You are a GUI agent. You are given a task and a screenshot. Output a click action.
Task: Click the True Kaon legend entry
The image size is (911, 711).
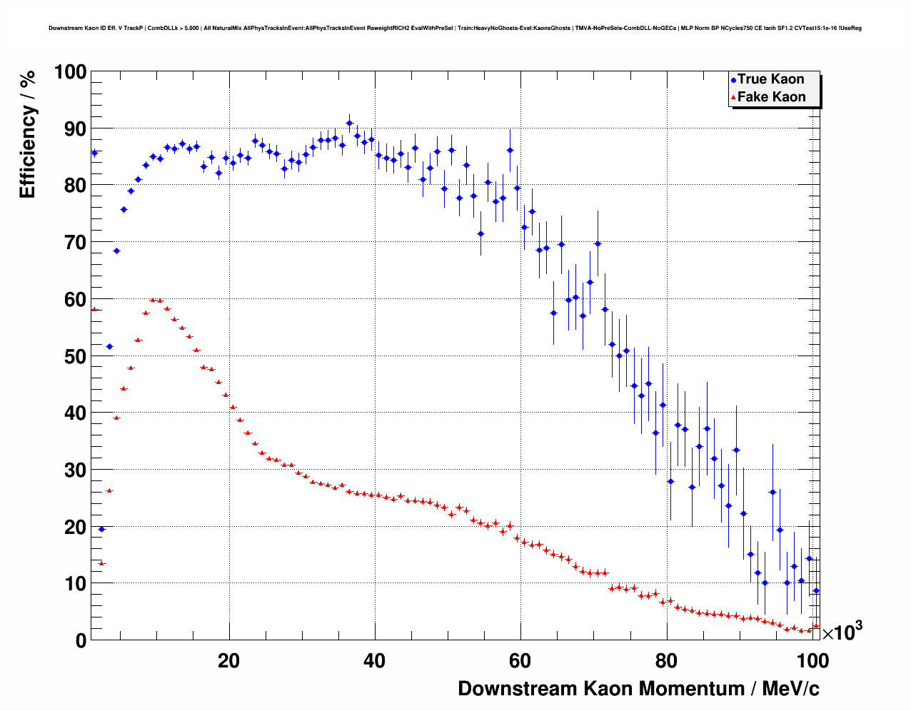770,79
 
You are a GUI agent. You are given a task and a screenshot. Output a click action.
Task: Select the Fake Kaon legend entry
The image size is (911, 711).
771,97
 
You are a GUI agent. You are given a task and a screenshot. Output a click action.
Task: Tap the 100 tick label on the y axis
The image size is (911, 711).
71,72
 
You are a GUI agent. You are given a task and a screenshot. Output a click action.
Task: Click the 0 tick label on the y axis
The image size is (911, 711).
80,640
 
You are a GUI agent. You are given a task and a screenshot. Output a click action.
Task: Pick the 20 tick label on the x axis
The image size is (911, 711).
228,660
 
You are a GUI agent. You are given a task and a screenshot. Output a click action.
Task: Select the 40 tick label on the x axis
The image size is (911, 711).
374,660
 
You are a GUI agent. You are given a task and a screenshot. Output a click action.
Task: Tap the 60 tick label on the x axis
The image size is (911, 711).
520,660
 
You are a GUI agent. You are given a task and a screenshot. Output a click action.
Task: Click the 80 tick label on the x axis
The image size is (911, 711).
666,660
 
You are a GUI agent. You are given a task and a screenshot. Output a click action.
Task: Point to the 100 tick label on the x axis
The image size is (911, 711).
812,660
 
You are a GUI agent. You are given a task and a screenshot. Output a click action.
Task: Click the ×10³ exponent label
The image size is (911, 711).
842,632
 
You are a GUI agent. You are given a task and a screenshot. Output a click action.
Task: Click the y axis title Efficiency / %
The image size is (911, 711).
28,133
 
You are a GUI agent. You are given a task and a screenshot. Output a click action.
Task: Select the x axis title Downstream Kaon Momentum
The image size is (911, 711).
638,689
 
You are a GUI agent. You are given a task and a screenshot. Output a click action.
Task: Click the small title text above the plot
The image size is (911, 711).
455,28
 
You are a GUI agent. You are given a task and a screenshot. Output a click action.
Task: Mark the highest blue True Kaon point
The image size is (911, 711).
349,123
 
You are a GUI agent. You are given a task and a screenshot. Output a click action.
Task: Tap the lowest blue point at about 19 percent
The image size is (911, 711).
101,529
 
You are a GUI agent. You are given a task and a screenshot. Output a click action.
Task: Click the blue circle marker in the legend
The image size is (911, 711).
733,80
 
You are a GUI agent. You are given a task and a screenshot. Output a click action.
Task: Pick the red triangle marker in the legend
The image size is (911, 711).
733,98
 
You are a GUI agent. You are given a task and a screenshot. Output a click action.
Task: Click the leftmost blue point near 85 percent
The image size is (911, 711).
94,153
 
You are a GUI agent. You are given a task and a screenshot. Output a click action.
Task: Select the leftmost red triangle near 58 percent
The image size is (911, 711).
94,309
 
